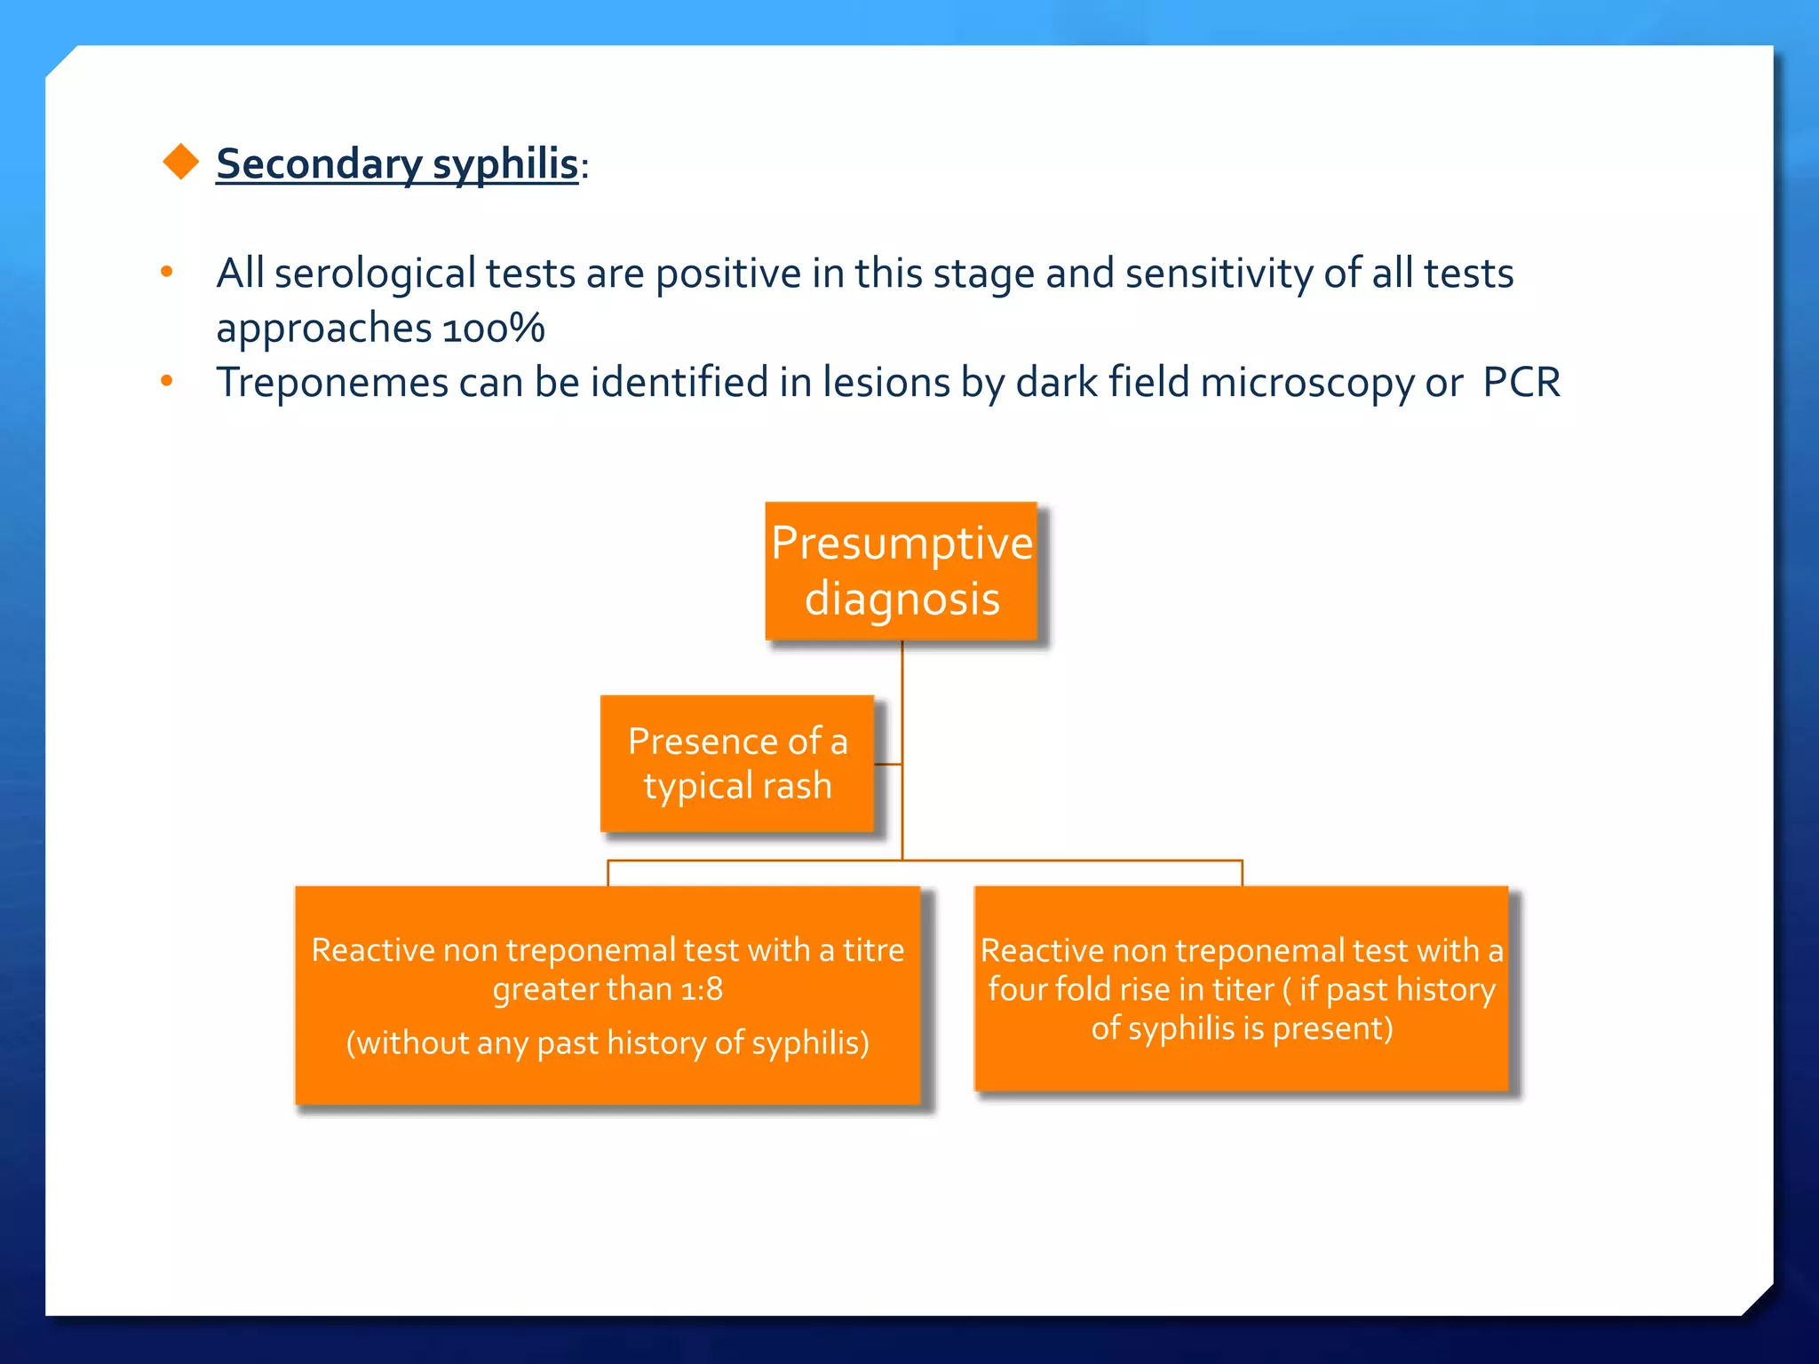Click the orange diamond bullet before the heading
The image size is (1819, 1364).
point(181,162)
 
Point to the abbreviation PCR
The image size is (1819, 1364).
point(1521,383)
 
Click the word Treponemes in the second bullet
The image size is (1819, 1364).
point(332,383)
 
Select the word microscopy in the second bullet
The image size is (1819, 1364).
point(1307,383)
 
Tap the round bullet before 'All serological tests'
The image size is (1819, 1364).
point(167,272)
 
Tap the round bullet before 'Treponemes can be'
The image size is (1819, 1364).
point(167,381)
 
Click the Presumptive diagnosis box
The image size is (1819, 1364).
point(902,570)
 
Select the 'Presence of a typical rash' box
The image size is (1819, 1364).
point(737,764)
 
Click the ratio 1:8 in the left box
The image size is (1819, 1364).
point(701,989)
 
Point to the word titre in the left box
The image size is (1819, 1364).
point(873,950)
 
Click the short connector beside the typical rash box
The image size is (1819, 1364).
point(888,764)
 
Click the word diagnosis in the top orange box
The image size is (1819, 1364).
point(902,599)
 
